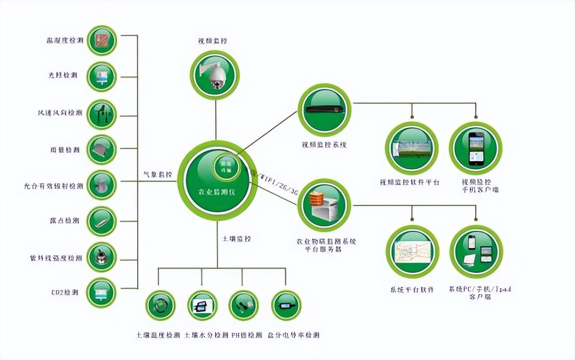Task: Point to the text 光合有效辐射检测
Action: click(54, 186)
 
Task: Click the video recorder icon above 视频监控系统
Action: click(324, 110)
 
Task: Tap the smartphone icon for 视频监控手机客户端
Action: click(476, 148)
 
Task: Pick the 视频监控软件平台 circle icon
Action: click(412, 148)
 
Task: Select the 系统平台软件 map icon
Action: click(412, 252)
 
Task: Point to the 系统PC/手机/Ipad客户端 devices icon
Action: click(476, 252)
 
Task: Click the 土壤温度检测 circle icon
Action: click(161, 305)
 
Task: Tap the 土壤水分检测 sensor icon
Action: click(202, 305)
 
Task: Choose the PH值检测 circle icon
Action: click(244, 305)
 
